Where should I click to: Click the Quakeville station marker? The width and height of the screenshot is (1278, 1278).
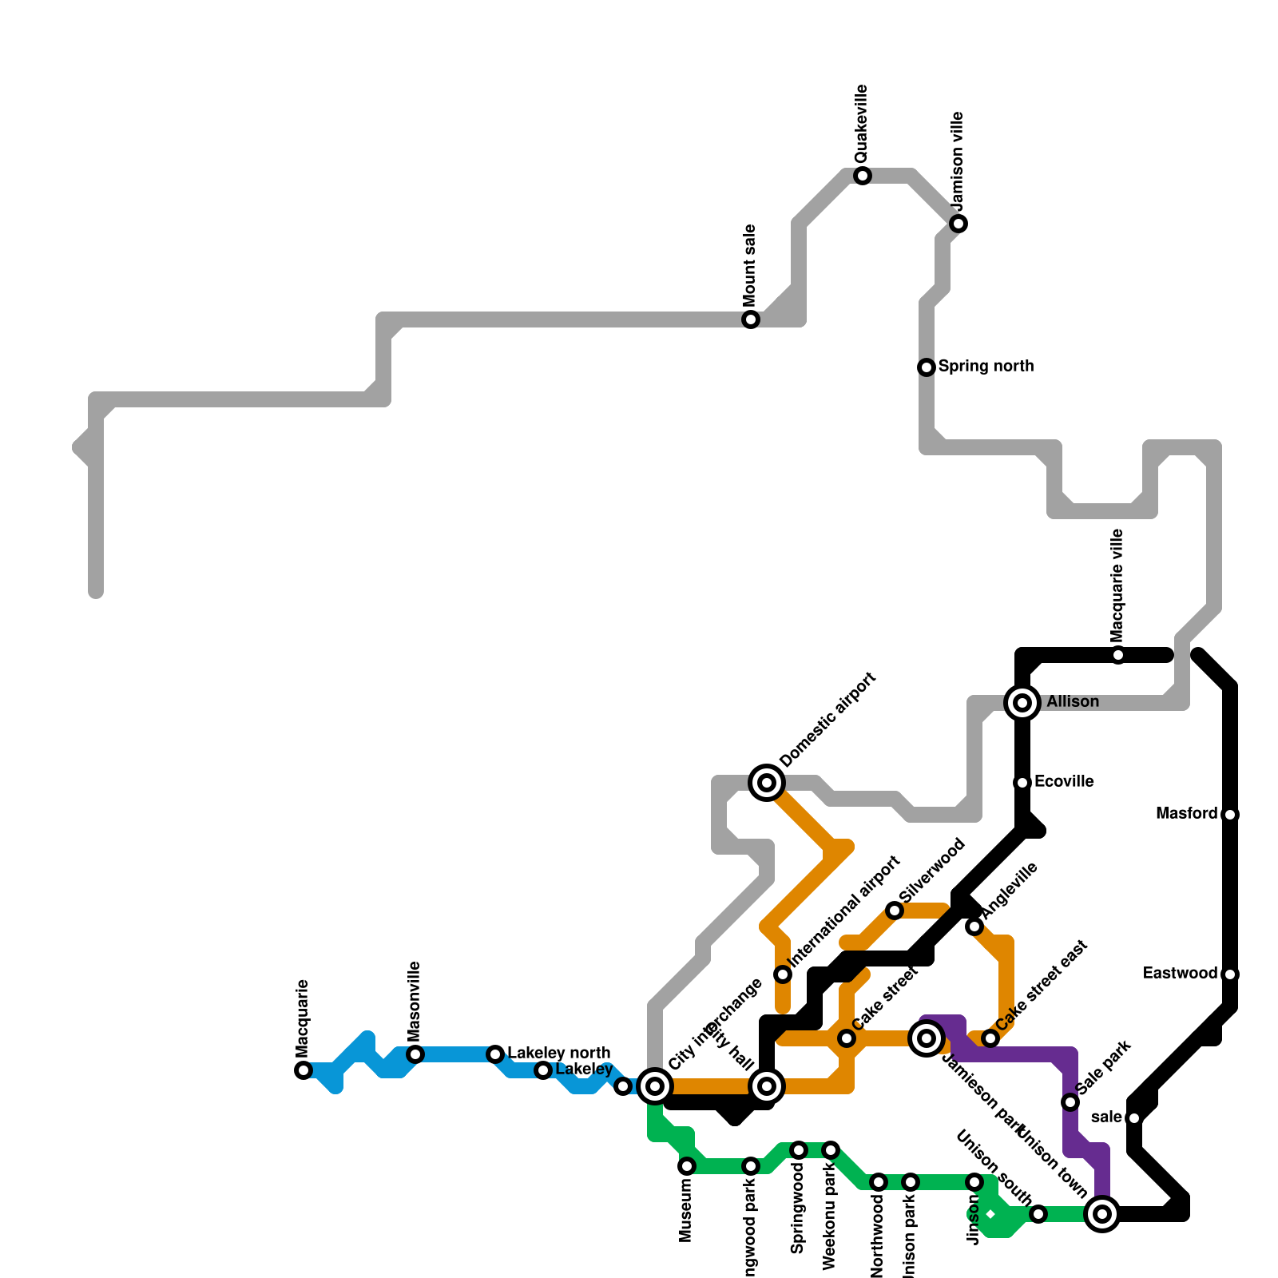(863, 176)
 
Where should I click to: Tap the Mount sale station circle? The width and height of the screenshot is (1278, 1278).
(751, 319)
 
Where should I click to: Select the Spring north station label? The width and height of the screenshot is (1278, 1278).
(986, 367)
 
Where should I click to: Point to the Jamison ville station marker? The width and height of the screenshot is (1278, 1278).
(958, 224)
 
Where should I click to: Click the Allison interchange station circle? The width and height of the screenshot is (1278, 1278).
(1022, 703)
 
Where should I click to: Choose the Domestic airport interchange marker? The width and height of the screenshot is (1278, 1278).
(767, 783)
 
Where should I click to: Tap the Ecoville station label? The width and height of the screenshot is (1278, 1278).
(1063, 782)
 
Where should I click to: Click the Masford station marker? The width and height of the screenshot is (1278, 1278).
(1230, 815)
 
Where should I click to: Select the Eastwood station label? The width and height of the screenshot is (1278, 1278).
(1180, 974)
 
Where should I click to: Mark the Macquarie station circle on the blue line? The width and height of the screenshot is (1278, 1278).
(304, 1070)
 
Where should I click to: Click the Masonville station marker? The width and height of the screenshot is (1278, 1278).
(415, 1054)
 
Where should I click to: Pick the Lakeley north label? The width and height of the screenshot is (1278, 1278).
(559, 1054)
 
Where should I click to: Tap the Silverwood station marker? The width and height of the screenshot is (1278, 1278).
(895, 911)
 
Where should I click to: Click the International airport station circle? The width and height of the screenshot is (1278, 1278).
(783, 974)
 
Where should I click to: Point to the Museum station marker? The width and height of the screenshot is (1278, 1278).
(687, 1166)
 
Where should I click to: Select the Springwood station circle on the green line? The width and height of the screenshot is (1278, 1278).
(799, 1150)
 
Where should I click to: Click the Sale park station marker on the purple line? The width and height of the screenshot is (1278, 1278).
(1070, 1102)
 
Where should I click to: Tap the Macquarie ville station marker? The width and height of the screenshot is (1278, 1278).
(1118, 655)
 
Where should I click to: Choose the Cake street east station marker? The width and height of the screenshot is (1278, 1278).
(990, 1038)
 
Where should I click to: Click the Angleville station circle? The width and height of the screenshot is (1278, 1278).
(974, 927)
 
